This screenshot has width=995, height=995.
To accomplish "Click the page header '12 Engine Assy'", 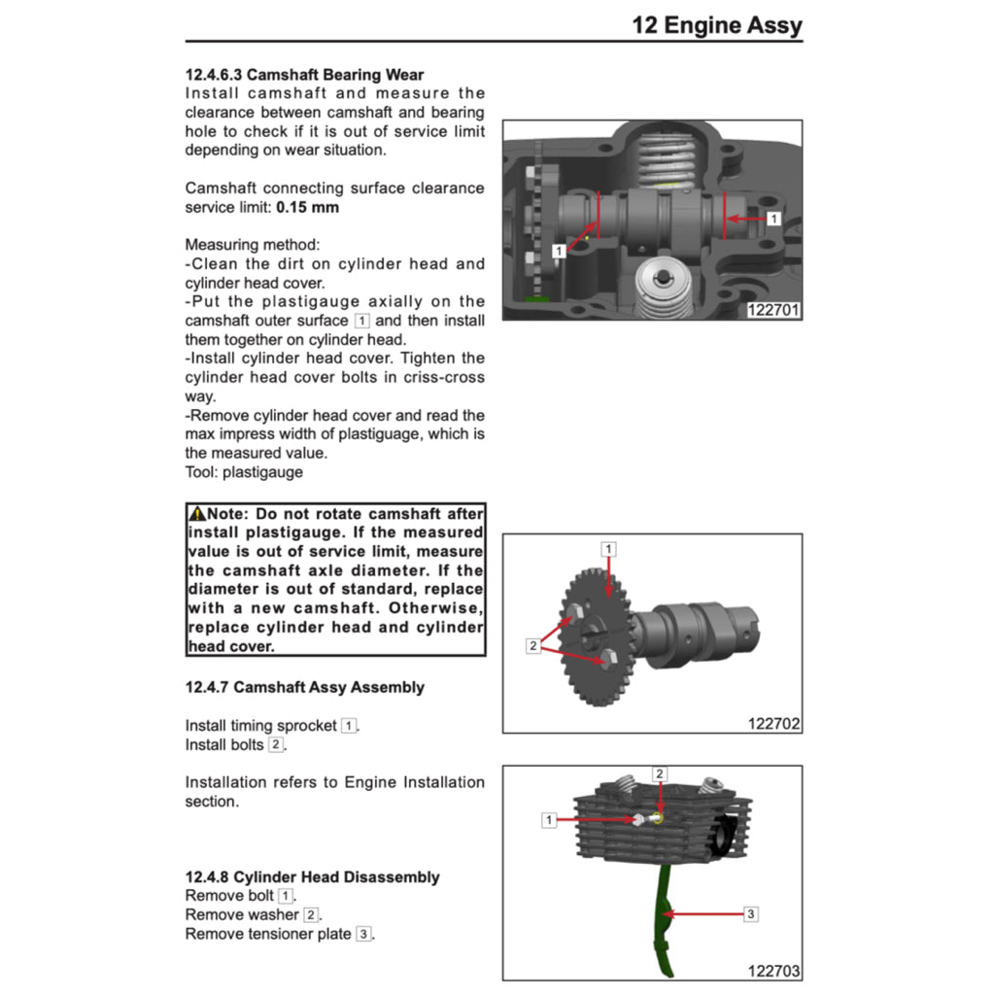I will [717, 24].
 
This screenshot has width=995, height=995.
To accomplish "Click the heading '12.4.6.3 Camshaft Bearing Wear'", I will [304, 75].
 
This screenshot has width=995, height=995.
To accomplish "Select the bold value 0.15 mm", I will [308, 207].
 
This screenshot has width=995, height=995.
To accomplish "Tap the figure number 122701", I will [773, 310].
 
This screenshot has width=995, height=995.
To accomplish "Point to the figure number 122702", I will [773, 723].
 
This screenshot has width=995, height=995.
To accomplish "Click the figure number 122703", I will [773, 971].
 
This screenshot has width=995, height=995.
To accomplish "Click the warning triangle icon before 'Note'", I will [197, 514].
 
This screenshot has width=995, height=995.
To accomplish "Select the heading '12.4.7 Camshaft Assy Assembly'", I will [304, 687].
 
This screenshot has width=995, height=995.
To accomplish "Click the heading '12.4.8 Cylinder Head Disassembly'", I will [312, 877].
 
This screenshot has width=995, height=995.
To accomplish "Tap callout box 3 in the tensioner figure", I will [751, 913].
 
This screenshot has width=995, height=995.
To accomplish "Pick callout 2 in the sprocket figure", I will [532, 646].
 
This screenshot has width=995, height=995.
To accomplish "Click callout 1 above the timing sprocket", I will [609, 549].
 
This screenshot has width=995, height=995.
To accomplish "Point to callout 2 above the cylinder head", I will [660, 774].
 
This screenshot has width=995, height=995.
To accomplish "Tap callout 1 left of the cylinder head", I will [549, 820].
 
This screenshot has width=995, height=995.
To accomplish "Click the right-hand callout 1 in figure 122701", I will [773, 219].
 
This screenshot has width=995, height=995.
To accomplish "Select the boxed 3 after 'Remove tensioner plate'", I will [363, 934].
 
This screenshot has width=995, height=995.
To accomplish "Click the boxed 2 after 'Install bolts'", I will [276, 745].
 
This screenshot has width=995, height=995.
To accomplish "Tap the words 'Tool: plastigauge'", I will [244, 472].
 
